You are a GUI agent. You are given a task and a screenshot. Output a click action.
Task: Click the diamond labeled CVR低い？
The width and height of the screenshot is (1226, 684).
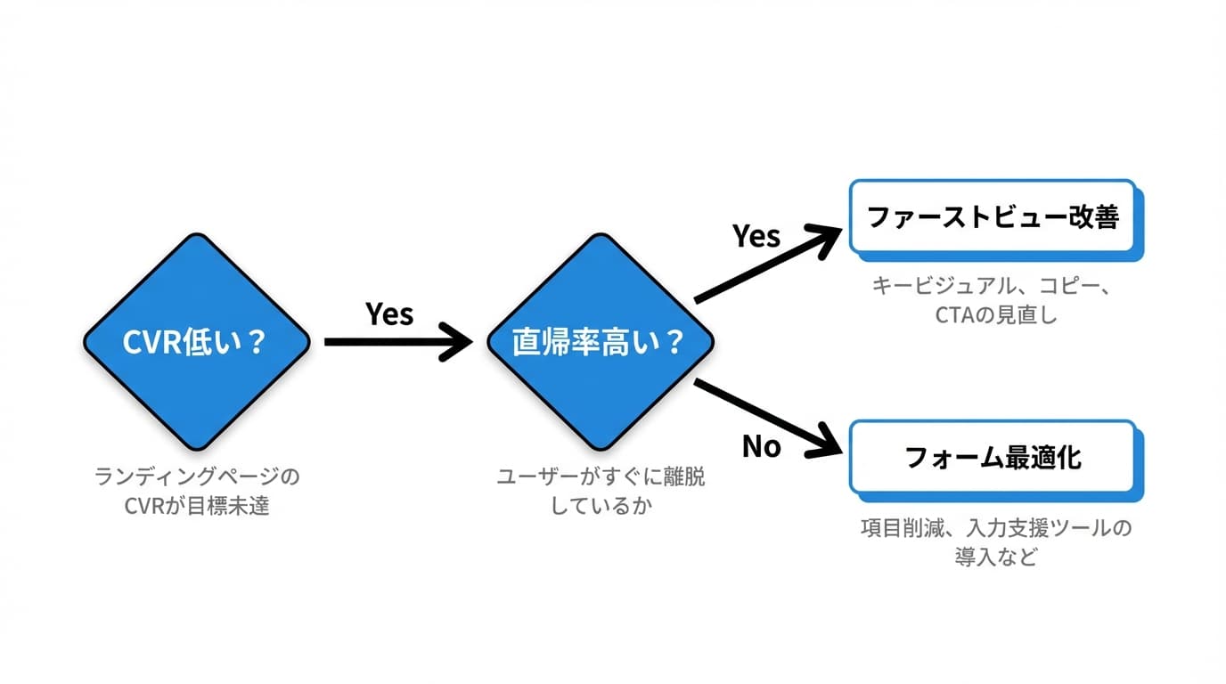[196, 341]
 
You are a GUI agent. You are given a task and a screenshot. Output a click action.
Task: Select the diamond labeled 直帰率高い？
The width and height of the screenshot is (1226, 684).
[600, 341]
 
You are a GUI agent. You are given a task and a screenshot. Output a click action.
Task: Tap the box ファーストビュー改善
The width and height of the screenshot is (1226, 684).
[992, 216]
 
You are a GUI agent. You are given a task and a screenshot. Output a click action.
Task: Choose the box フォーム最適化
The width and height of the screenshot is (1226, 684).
[992, 457]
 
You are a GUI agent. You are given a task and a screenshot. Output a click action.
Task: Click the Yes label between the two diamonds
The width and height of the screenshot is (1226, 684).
[389, 313]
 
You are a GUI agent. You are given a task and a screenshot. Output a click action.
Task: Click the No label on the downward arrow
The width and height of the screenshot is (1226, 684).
[761, 445]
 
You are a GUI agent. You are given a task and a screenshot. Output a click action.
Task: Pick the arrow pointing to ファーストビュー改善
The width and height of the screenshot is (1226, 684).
[766, 265]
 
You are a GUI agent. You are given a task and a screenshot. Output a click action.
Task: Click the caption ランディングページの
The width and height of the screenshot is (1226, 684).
[197, 477]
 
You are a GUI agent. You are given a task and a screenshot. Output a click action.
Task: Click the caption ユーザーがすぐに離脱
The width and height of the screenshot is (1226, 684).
[600, 477]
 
